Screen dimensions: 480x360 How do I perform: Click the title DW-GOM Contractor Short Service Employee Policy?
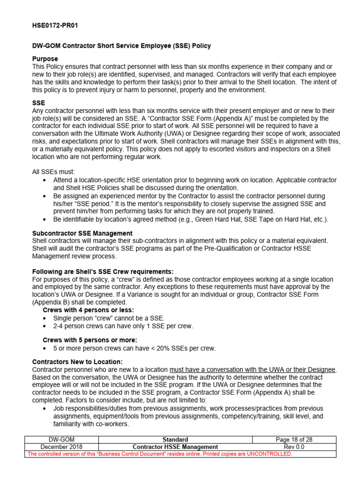(x=121, y=46)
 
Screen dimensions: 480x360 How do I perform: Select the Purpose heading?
(x=45, y=59)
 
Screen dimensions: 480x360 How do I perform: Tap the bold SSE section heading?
(x=38, y=103)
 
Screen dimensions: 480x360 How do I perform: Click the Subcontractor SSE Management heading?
(x=82, y=233)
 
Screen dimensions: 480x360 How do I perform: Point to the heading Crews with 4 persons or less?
(x=88, y=310)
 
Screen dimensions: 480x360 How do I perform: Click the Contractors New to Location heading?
(x=77, y=362)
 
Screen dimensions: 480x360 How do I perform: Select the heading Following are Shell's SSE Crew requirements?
(x=103, y=272)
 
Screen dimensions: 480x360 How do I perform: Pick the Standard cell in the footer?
(x=175, y=440)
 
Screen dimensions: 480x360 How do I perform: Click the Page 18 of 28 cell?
(x=294, y=440)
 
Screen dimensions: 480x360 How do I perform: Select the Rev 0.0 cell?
(x=294, y=447)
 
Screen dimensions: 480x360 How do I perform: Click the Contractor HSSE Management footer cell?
(x=175, y=447)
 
